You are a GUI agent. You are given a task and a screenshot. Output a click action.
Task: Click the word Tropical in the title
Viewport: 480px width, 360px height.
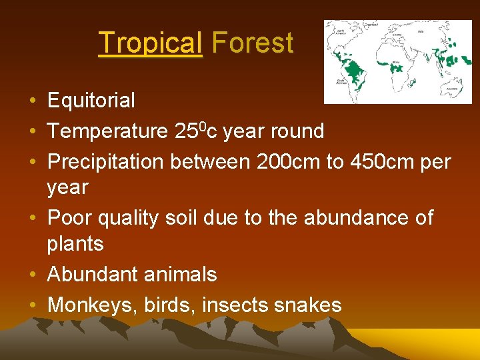(149, 43)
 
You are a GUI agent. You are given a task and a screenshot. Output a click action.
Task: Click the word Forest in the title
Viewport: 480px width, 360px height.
(252, 43)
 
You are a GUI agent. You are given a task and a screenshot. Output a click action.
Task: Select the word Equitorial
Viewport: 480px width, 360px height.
(91, 101)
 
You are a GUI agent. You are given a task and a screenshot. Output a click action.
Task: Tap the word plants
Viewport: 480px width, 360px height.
(75, 244)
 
